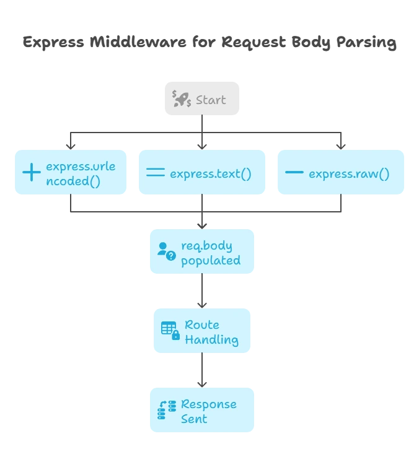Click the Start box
(203, 99)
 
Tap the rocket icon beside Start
(182, 99)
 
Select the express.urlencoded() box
(71, 173)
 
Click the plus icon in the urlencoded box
(31, 173)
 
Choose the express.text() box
(203, 173)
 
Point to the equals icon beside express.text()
(155, 173)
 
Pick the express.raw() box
(342, 173)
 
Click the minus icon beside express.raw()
(293, 173)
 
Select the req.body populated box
(203, 252)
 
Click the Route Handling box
(203, 331)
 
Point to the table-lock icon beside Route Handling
(170, 331)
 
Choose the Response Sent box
(203, 411)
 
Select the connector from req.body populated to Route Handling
(201, 291)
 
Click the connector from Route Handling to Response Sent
(201, 370)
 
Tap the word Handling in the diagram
(211, 339)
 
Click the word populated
(211, 260)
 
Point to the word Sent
(194, 419)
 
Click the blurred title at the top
(208, 43)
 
